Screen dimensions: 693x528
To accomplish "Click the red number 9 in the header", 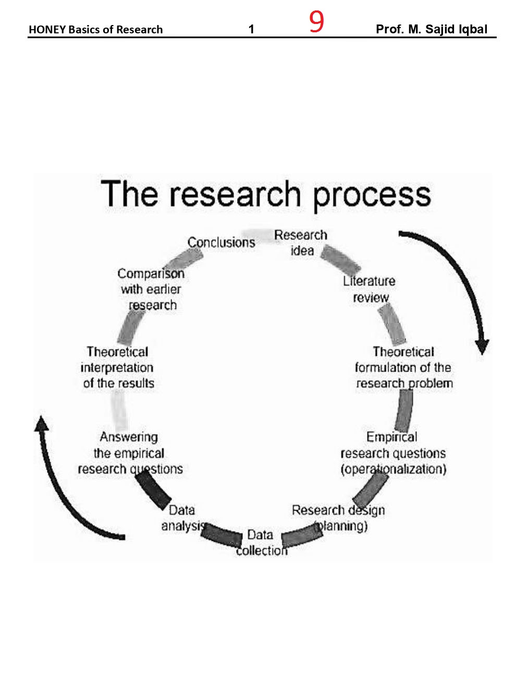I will click(x=316, y=22).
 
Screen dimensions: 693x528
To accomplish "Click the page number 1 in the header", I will click(x=251, y=30).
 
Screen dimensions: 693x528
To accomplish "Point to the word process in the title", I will click(x=372, y=195).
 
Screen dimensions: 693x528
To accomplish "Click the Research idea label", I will click(x=301, y=243).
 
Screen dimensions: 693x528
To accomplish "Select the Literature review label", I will click(x=369, y=289).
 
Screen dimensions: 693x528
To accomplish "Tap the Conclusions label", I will click(x=221, y=242).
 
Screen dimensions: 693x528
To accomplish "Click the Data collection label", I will click(x=261, y=542).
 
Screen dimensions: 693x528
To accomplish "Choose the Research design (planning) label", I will click(x=339, y=518).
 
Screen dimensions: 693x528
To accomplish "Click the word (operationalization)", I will click(x=394, y=469).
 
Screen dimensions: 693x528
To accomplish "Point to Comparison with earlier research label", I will click(x=151, y=289).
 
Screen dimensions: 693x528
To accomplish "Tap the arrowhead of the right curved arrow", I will click(x=482, y=346).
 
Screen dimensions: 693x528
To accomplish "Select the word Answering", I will click(x=129, y=437).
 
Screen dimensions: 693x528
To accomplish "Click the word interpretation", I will click(x=117, y=367).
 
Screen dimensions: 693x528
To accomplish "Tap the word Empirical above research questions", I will click(x=391, y=437).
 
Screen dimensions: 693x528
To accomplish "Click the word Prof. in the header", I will click(x=389, y=29).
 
